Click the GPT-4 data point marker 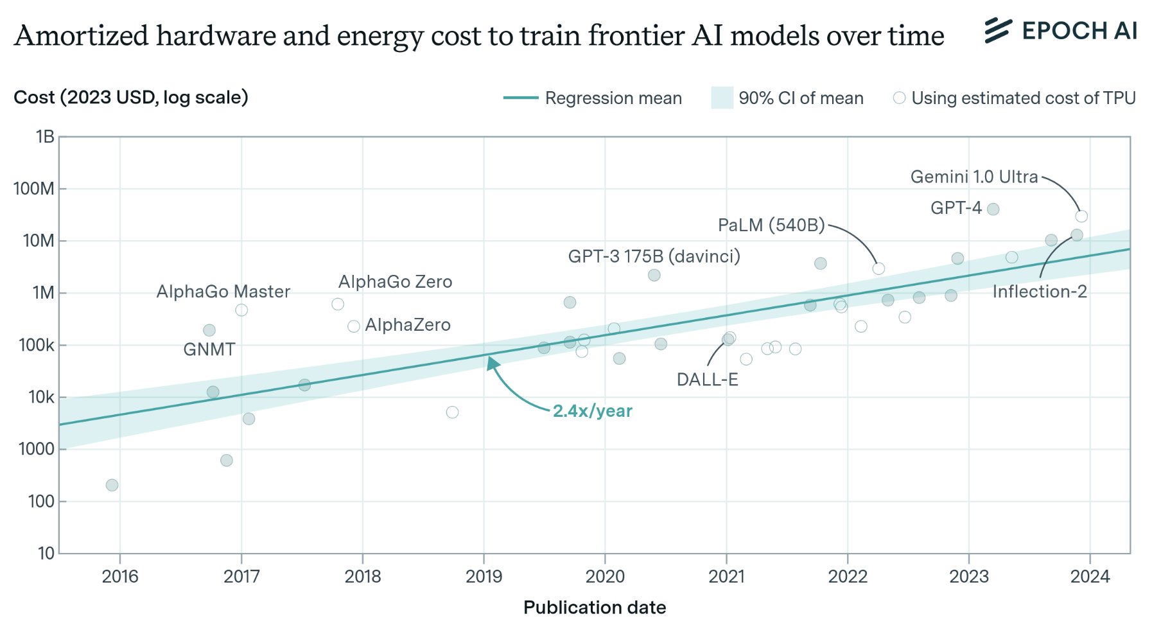click(x=993, y=209)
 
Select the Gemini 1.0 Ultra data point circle click(x=1081, y=216)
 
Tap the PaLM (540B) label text click(x=771, y=225)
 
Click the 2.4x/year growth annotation click(x=592, y=411)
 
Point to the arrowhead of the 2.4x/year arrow click(x=493, y=364)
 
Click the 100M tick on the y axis click(x=33, y=189)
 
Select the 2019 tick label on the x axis click(x=484, y=576)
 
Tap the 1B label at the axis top click(x=45, y=137)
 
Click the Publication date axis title click(x=594, y=608)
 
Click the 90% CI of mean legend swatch click(x=722, y=98)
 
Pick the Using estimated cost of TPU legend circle click(x=899, y=98)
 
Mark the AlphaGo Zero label click(x=395, y=282)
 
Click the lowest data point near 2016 click(x=112, y=485)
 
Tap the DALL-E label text click(x=707, y=380)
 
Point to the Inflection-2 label click(x=1039, y=292)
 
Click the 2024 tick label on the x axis click(x=1090, y=576)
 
